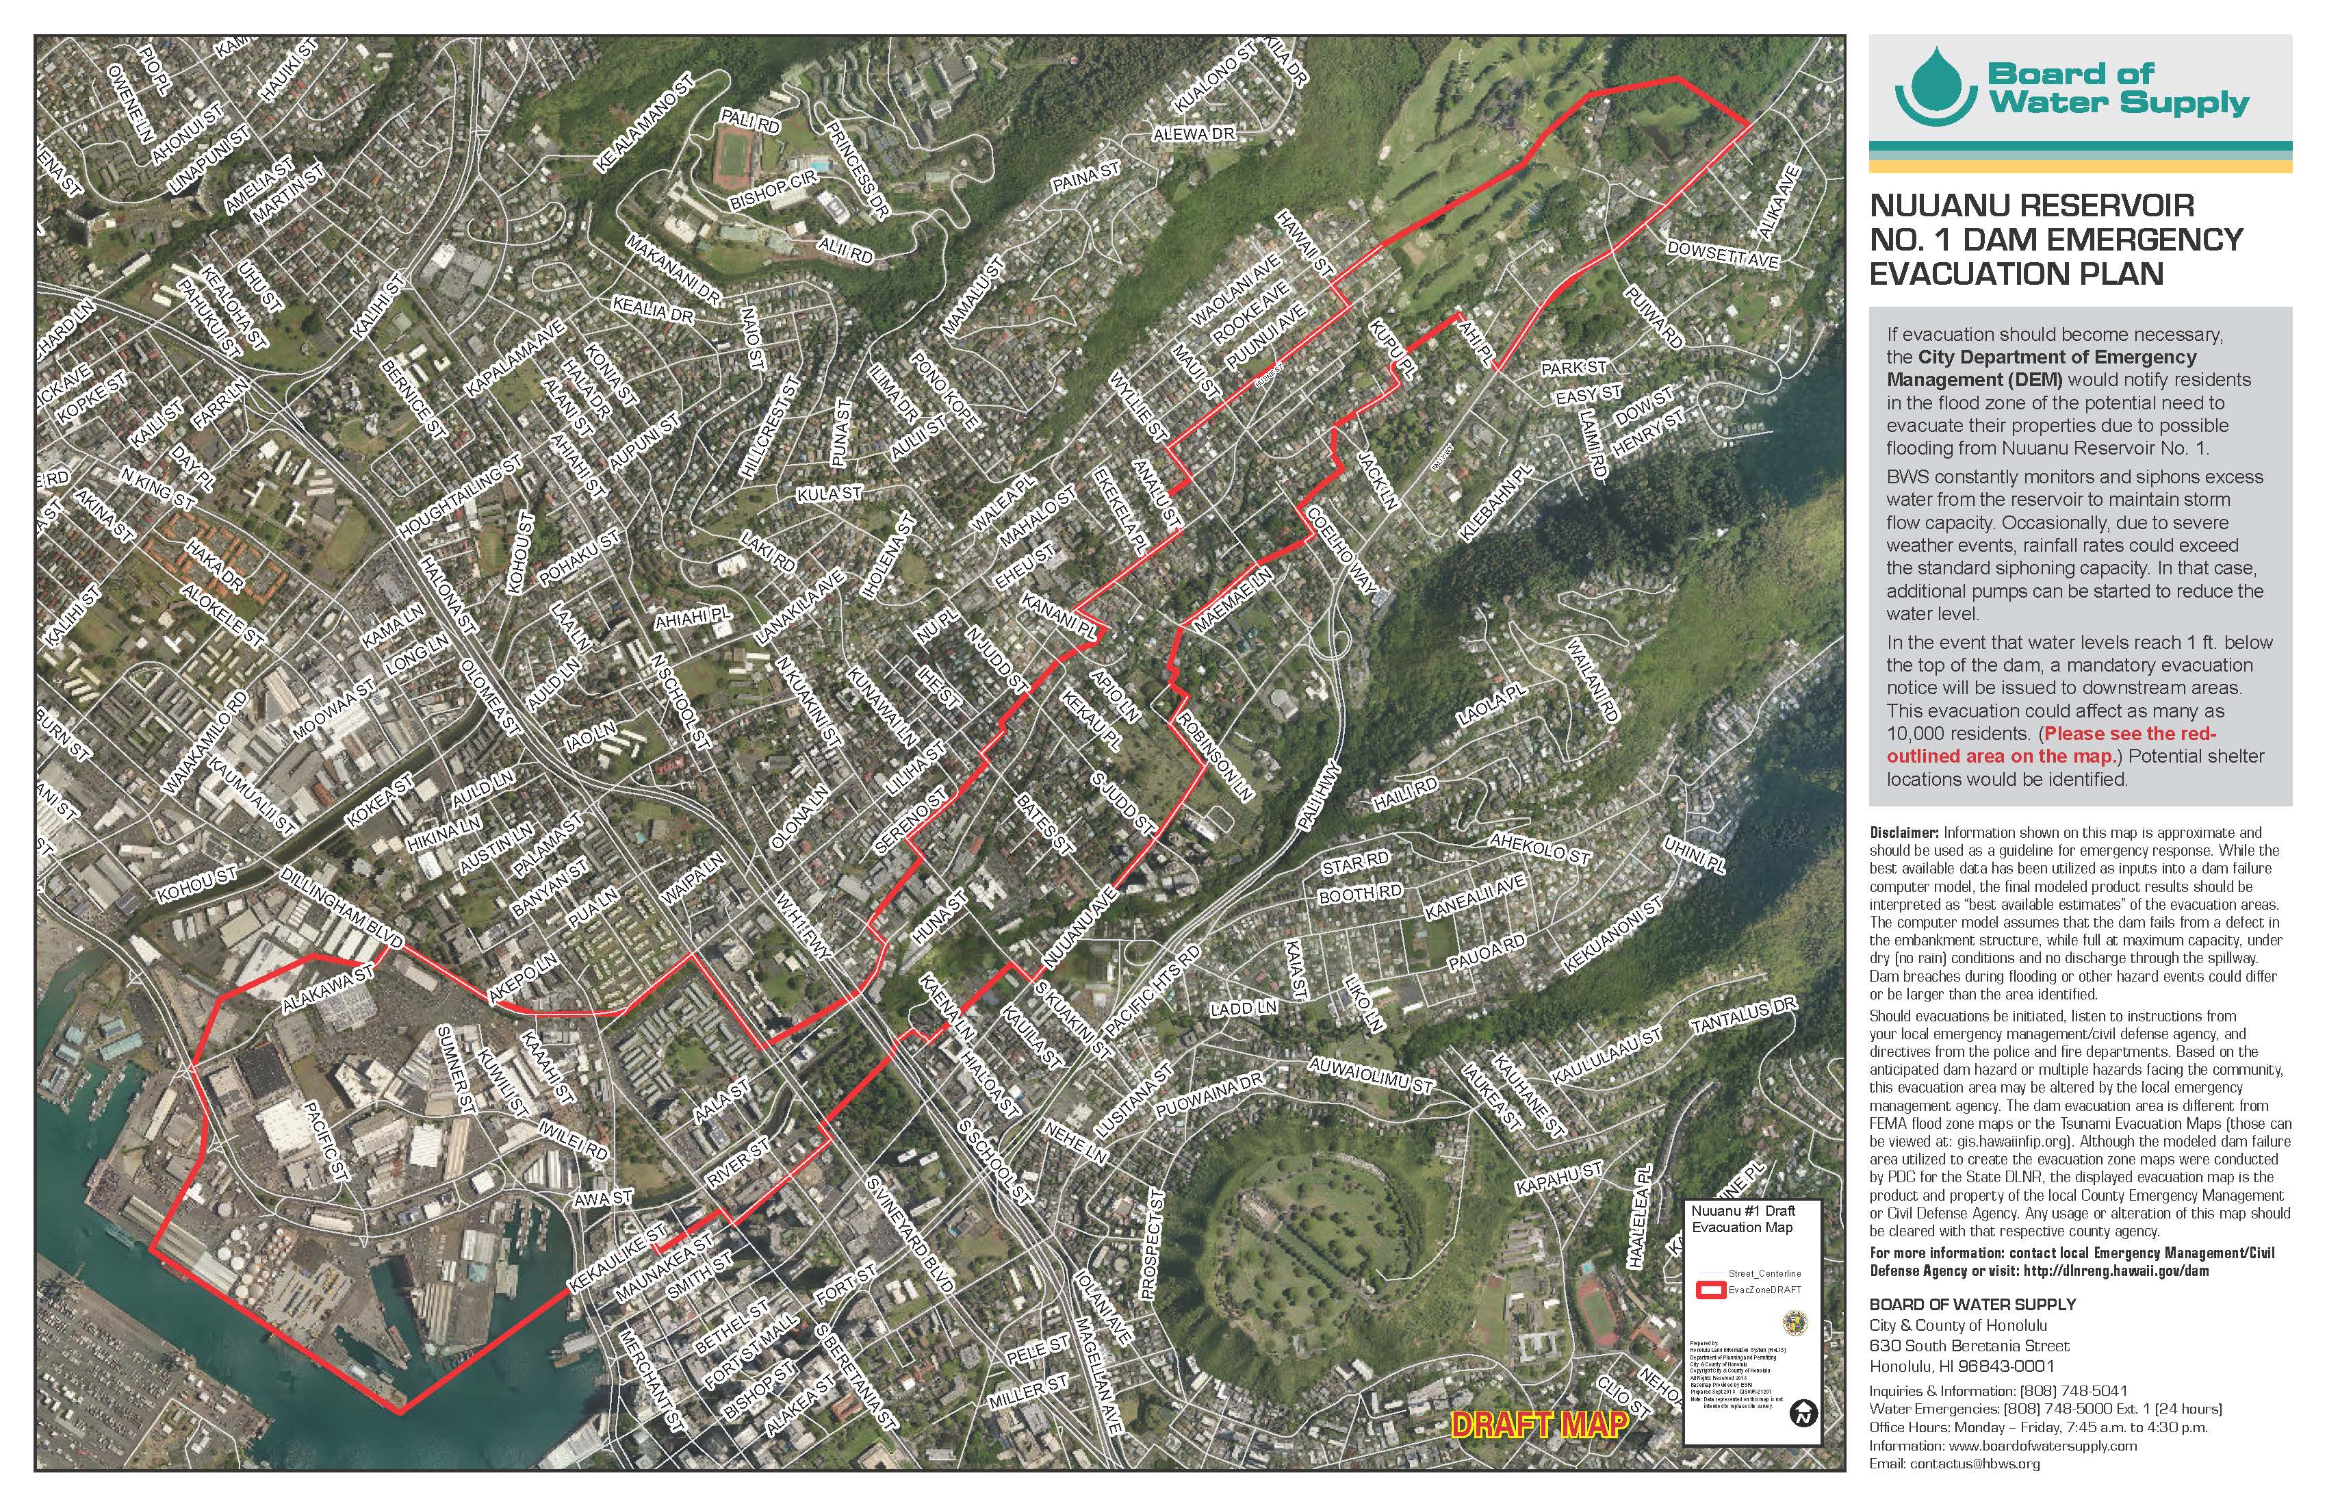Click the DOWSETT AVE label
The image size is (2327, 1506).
pyautogui.click(x=1723, y=255)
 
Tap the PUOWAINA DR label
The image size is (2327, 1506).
pyautogui.click(x=1209, y=1095)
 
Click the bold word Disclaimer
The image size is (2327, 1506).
pyautogui.click(x=1903, y=832)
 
